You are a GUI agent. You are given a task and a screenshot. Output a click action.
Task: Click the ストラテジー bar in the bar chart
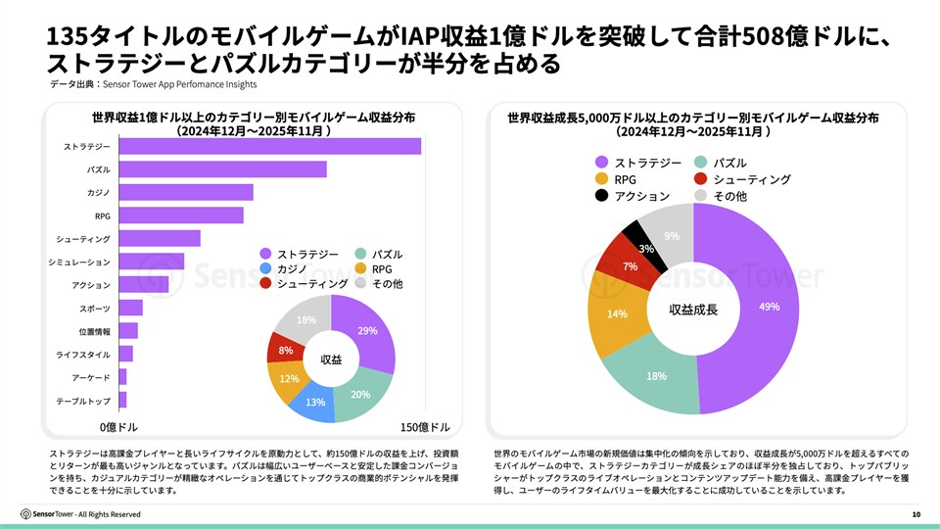click(269, 146)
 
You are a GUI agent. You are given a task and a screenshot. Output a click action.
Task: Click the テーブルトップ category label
click(83, 400)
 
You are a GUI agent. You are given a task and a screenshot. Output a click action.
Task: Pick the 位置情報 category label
click(94, 331)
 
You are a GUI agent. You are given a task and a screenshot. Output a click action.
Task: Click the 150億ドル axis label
click(426, 428)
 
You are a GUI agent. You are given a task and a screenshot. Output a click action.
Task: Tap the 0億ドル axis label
click(119, 428)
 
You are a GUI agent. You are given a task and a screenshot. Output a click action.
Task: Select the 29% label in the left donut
click(367, 330)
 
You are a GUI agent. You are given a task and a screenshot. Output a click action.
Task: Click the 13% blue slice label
click(315, 402)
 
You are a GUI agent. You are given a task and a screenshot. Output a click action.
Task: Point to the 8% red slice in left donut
click(285, 350)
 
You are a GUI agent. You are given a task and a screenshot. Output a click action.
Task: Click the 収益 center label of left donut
click(331, 360)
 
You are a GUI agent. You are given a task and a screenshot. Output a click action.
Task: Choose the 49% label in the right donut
click(769, 307)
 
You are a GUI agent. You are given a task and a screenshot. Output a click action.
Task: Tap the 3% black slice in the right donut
click(646, 249)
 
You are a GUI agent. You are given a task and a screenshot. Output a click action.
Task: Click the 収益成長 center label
click(693, 310)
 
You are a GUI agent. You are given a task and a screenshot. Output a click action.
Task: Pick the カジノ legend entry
click(286, 268)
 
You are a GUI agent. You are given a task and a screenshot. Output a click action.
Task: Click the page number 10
click(916, 514)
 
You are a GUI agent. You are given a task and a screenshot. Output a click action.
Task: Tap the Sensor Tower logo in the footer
click(54, 514)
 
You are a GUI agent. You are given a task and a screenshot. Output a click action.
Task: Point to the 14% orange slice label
click(617, 314)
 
